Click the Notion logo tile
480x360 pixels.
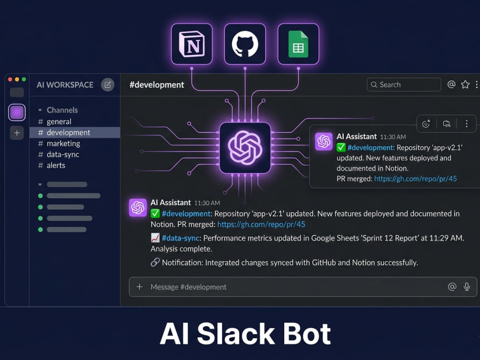tap(192, 44)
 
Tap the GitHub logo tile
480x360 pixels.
tap(245, 44)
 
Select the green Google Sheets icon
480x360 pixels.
tap(298, 44)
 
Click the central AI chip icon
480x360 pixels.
tap(245, 148)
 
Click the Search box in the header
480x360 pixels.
tap(404, 84)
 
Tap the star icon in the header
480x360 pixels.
tap(465, 84)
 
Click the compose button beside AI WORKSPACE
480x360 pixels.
tap(108, 85)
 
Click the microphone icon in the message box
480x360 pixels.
tap(467, 287)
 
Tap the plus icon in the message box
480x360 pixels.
tap(140, 287)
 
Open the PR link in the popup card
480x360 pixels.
tap(415, 179)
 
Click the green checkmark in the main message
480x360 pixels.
tap(155, 214)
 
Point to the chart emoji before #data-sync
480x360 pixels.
tap(155, 238)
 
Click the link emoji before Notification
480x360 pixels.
tap(155, 263)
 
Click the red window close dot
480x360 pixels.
tap(10, 79)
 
